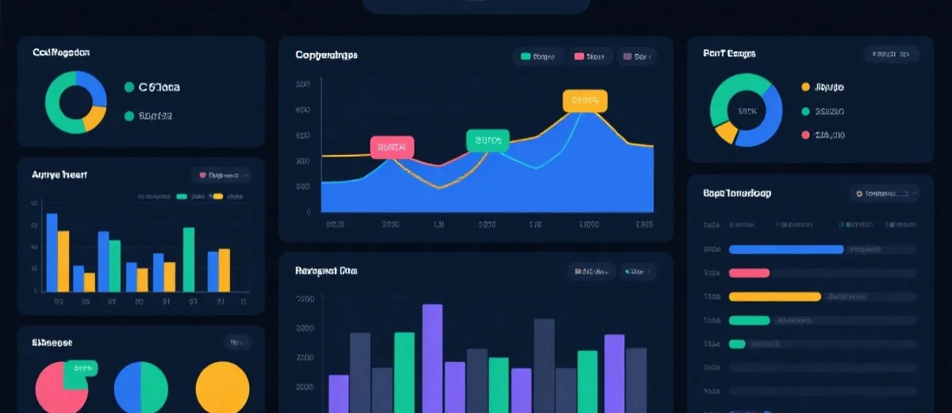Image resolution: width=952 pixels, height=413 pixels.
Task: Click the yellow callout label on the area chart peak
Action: [585, 101]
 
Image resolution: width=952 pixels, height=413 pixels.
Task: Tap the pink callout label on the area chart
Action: [393, 147]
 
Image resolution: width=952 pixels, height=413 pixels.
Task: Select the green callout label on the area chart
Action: [488, 141]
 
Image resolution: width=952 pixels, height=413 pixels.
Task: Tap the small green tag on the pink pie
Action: [80, 369]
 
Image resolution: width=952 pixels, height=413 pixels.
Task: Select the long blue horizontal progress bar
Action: [785, 249]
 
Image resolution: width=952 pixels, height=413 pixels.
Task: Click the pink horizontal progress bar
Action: [749, 273]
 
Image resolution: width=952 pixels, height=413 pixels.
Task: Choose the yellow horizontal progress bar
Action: [774, 297]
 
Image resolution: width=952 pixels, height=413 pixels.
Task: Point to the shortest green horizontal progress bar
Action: [737, 344]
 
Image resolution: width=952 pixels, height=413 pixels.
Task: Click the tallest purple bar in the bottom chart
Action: [432, 357]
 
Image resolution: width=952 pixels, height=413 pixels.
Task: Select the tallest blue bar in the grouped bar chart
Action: [52, 253]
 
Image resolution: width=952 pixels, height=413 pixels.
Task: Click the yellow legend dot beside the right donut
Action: [806, 87]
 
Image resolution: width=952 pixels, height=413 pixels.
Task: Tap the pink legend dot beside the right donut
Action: [806, 135]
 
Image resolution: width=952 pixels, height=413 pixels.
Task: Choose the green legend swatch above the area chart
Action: [525, 56]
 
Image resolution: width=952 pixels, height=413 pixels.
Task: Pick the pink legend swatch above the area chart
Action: [578, 56]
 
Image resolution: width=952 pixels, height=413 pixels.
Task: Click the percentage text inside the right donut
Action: [747, 111]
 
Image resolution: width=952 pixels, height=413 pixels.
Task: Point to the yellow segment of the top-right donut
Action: [725, 133]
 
